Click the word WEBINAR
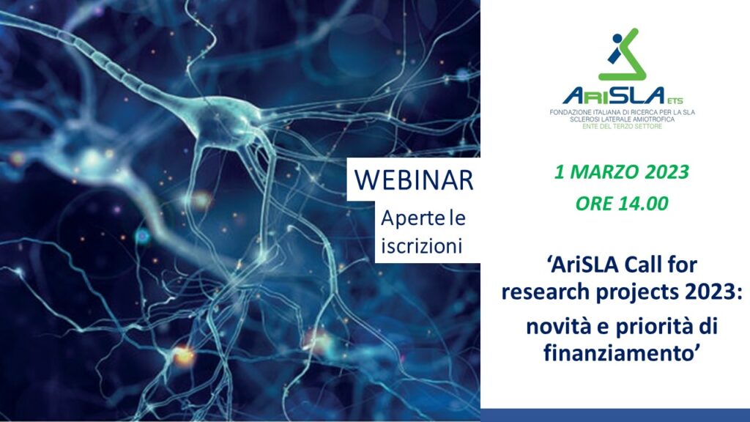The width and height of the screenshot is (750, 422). (x=414, y=179)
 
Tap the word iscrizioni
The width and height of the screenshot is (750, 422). (x=421, y=246)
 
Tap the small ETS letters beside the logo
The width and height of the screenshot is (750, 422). (x=675, y=100)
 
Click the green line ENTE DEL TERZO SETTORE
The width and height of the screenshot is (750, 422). (x=622, y=126)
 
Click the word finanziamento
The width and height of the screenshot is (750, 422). (x=619, y=353)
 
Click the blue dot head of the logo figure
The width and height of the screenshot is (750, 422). (x=617, y=38)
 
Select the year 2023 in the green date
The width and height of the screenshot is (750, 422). (x=667, y=171)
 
